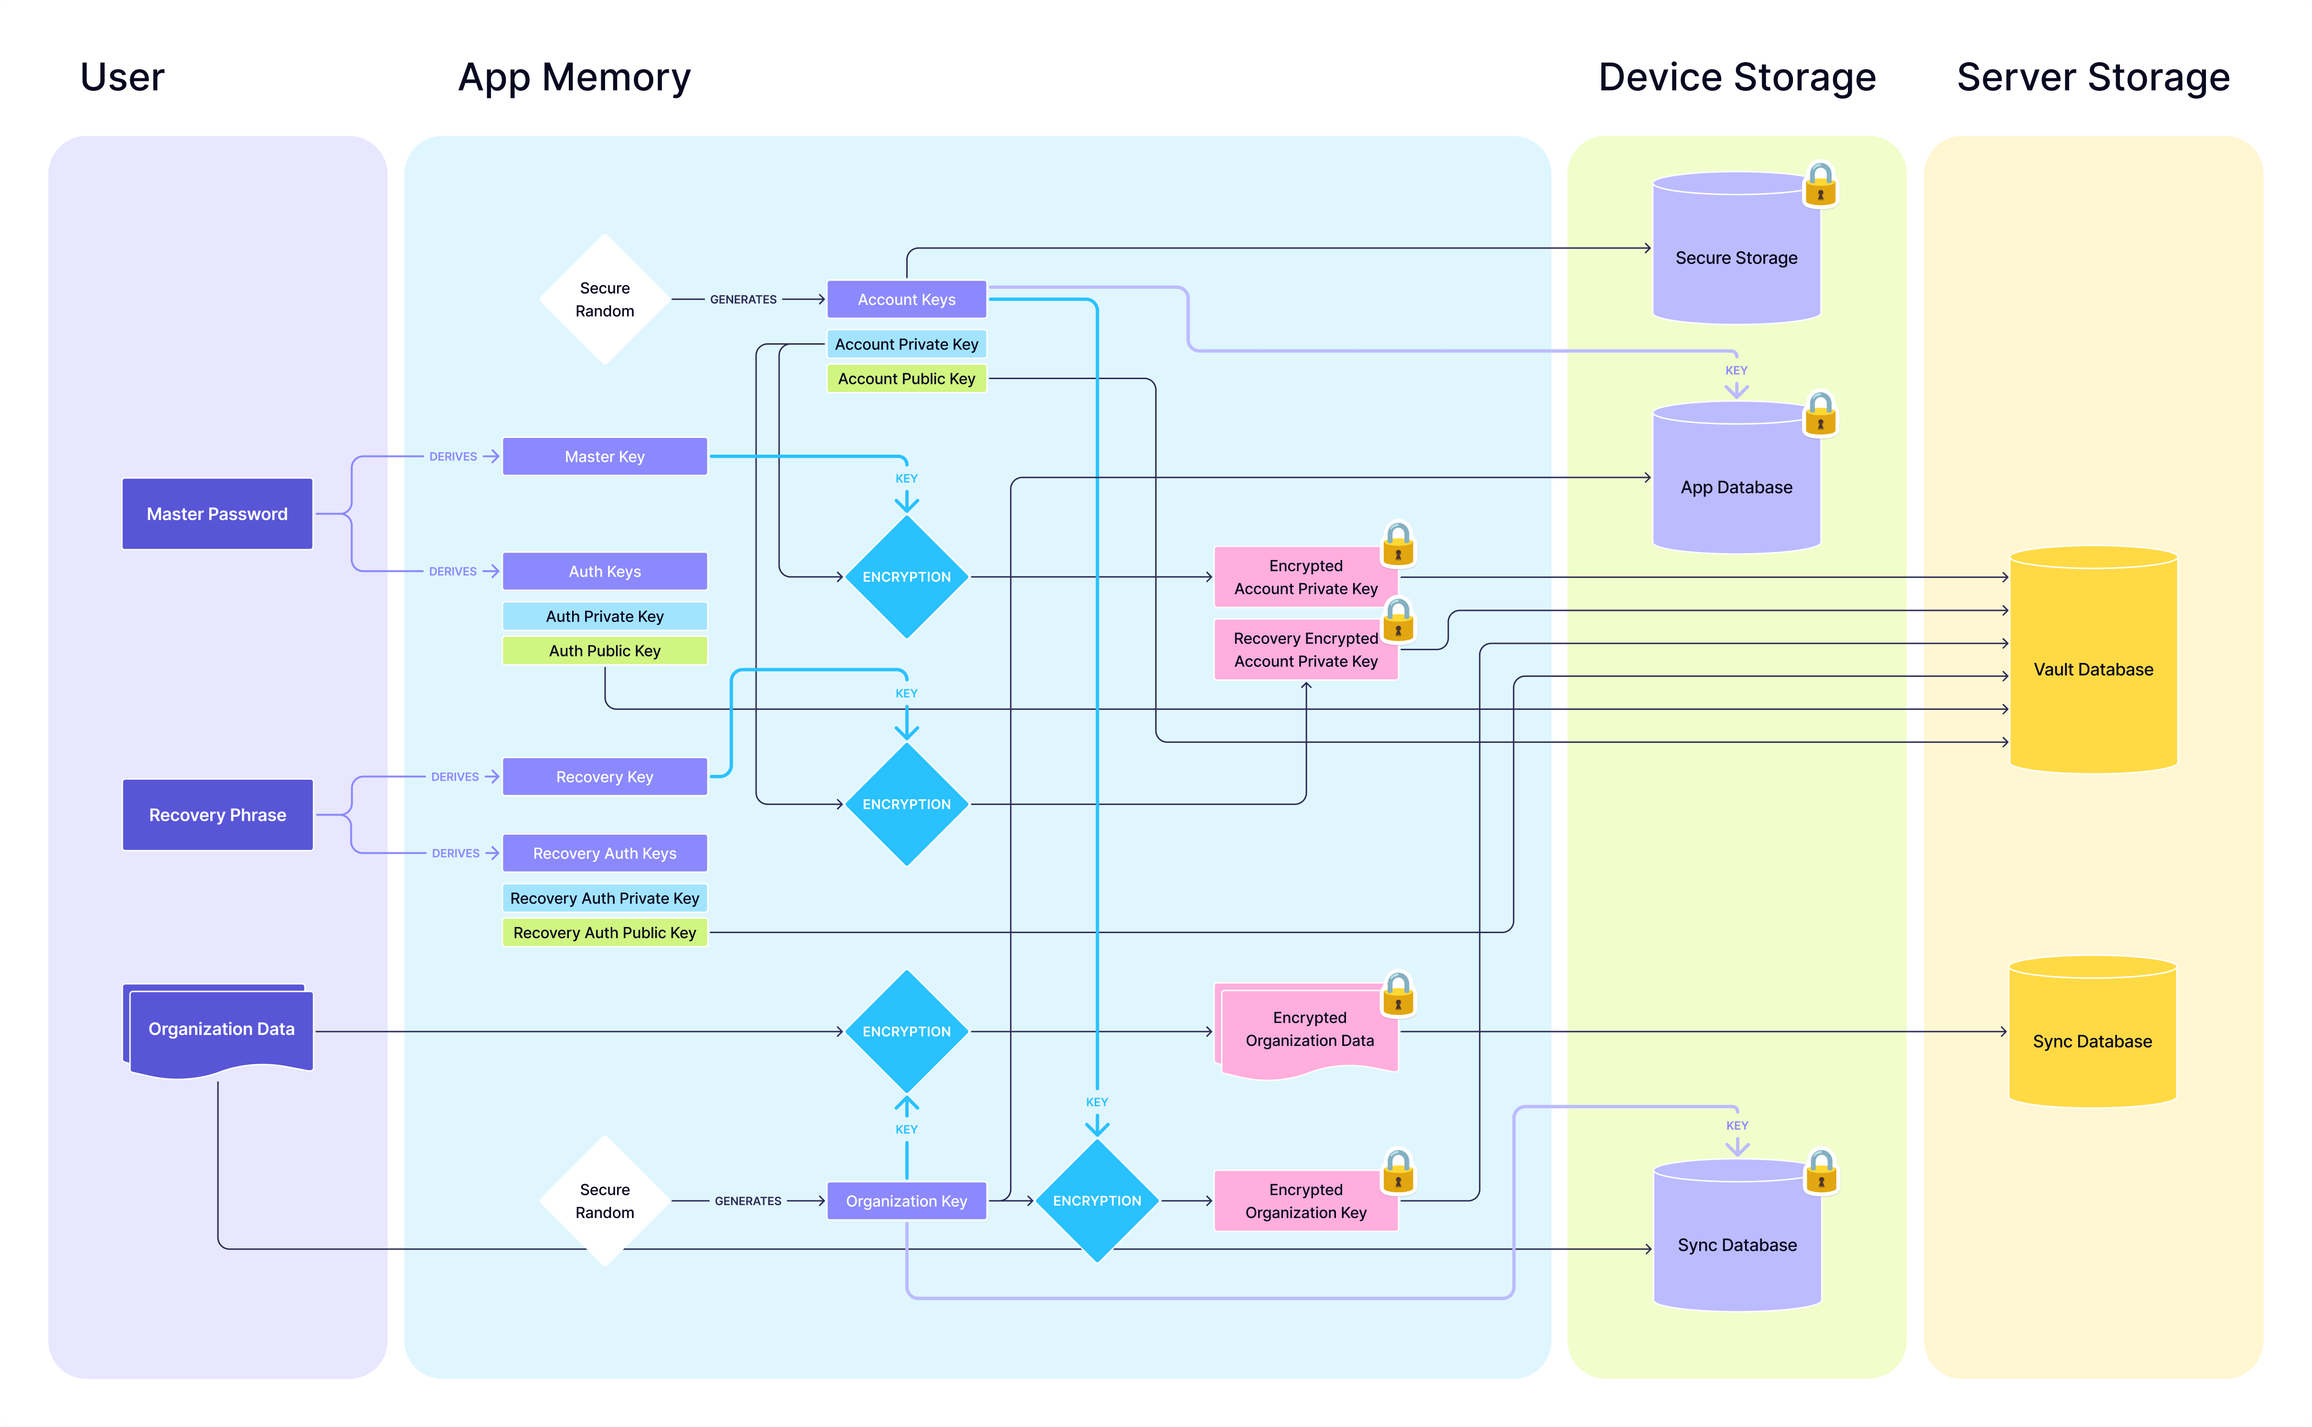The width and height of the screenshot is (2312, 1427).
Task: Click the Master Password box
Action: (217, 513)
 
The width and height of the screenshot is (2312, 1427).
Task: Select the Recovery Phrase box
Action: (217, 815)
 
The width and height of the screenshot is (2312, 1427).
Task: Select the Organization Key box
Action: (906, 1200)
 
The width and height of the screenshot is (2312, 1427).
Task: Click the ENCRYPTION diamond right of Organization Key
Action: (1096, 1200)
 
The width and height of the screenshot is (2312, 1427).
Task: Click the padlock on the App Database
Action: (1820, 415)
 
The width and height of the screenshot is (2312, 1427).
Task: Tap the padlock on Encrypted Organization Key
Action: (1398, 1172)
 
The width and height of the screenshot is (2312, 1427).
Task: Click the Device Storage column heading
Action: (1737, 77)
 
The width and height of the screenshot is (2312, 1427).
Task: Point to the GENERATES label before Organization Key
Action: (748, 1200)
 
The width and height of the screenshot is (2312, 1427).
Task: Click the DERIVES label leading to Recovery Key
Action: (455, 777)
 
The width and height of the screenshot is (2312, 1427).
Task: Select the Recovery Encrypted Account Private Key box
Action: (1305, 649)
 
